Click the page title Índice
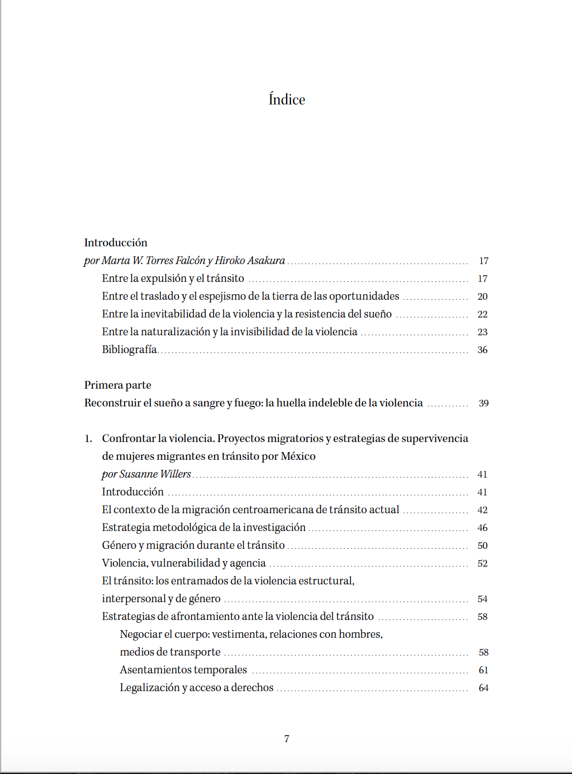point(287,100)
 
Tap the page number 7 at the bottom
point(287,739)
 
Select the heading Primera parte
point(117,385)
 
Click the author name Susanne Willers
point(155,474)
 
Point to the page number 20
point(482,296)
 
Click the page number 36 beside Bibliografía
point(482,350)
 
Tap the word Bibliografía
point(129,350)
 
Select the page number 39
point(484,403)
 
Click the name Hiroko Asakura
point(250,261)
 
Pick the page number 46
point(482,528)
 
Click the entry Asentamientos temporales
point(183,670)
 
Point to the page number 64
point(484,688)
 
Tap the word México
point(298,457)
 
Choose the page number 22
point(482,314)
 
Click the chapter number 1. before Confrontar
point(88,439)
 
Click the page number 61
point(484,670)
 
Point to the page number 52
point(482,563)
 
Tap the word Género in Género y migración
point(119,545)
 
